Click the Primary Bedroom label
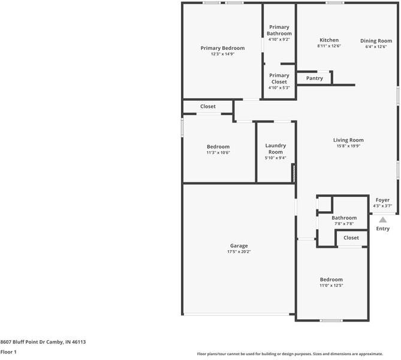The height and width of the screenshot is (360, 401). pos(222,48)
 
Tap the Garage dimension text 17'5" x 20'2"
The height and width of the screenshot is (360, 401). pos(239,252)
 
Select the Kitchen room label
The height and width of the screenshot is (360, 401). pos(328,40)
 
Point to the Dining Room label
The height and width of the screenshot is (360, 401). pos(376,41)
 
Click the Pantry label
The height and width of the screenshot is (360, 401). pos(314,79)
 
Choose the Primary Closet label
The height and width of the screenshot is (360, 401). pos(279,79)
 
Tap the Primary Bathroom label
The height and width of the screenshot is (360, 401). pos(279,31)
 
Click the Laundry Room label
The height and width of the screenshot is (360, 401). pos(275,149)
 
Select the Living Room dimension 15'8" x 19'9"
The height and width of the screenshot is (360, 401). pos(348,146)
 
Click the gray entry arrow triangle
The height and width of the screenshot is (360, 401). pos(382,220)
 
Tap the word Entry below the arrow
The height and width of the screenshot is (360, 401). pos(382,229)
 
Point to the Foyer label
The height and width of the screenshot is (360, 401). pos(382,200)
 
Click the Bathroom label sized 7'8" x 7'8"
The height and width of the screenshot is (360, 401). pos(344,218)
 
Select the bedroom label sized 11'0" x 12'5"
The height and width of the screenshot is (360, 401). pos(331,280)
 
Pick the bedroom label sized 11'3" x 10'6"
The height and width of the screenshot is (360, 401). pos(218,147)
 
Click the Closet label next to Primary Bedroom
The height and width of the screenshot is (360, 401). pos(208,107)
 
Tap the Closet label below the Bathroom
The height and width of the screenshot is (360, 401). pos(351,238)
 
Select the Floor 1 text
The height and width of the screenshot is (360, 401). pos(8,352)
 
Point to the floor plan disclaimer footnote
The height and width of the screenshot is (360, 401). pos(297,354)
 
